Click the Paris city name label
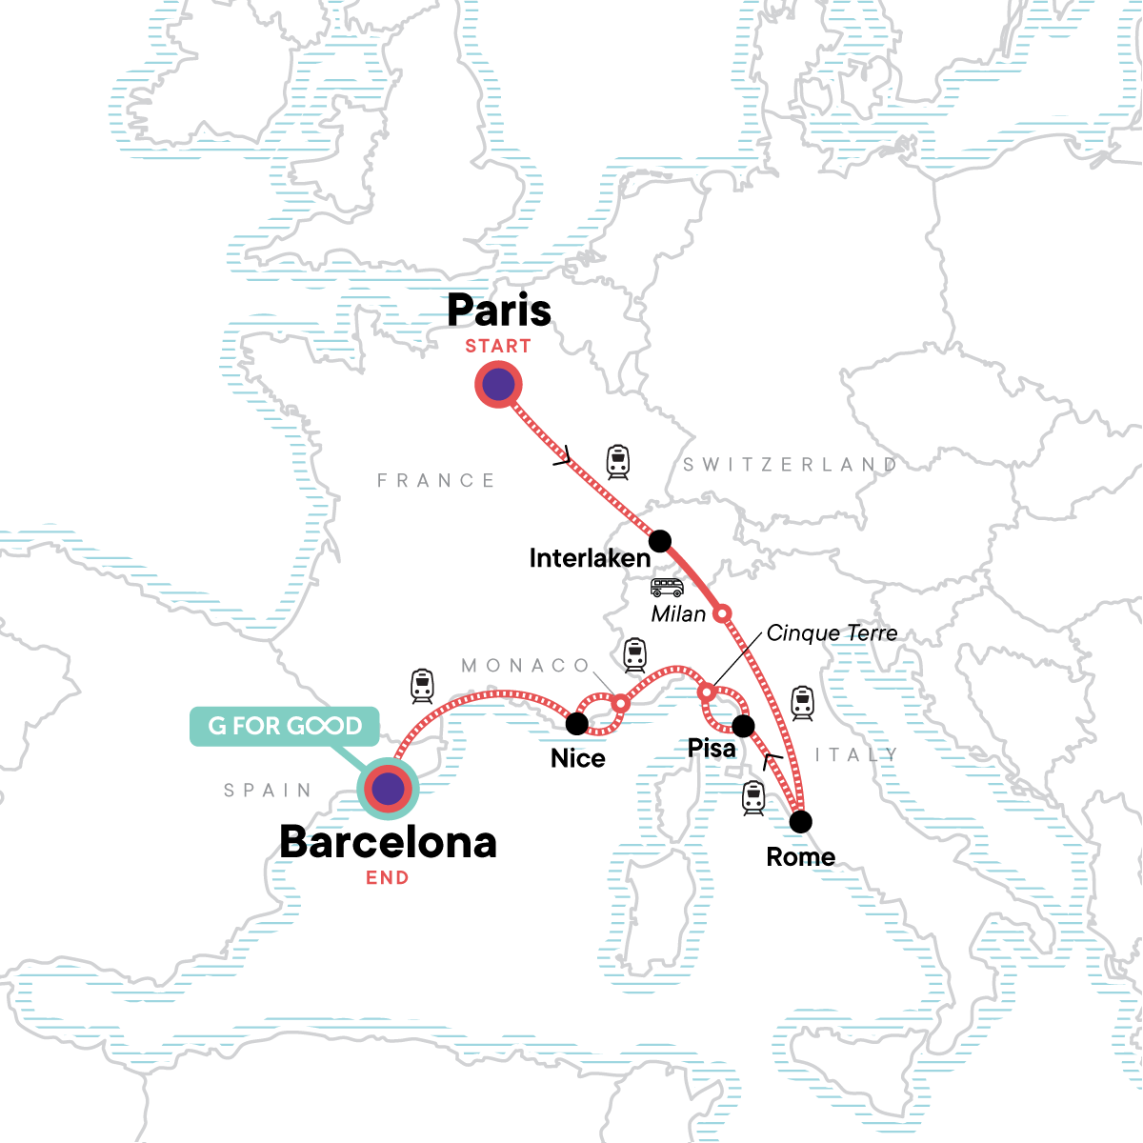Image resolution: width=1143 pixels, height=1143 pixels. coord(499,311)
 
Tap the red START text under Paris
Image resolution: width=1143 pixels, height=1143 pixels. coord(498,347)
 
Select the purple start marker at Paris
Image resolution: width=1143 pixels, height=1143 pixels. coord(498,386)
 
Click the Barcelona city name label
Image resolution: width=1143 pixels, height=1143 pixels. coord(388,843)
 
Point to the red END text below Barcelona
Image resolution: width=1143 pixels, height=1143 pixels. coord(388,878)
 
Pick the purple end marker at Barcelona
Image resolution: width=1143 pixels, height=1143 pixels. coord(388,789)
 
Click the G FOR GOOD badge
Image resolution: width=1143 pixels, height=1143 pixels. coord(285,726)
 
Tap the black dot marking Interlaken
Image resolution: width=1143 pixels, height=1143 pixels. coord(660,541)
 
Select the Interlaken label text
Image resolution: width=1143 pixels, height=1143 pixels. coord(590,558)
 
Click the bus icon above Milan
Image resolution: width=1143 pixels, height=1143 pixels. coord(667,588)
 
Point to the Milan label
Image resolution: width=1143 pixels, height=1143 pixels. coord(678,614)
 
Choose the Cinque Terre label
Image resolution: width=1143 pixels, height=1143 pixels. coord(832,633)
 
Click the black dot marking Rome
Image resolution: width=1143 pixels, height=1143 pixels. coord(801,821)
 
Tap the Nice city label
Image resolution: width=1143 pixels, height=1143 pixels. coord(578,759)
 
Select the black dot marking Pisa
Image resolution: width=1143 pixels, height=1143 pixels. coord(743,726)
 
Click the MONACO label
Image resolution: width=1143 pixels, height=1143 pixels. coord(526,666)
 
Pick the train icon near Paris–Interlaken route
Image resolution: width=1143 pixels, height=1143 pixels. coord(618,462)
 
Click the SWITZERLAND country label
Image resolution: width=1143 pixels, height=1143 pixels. coord(790,465)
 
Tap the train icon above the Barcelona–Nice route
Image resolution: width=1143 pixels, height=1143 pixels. coord(422,686)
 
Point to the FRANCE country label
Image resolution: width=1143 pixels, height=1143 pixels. coord(436,481)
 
